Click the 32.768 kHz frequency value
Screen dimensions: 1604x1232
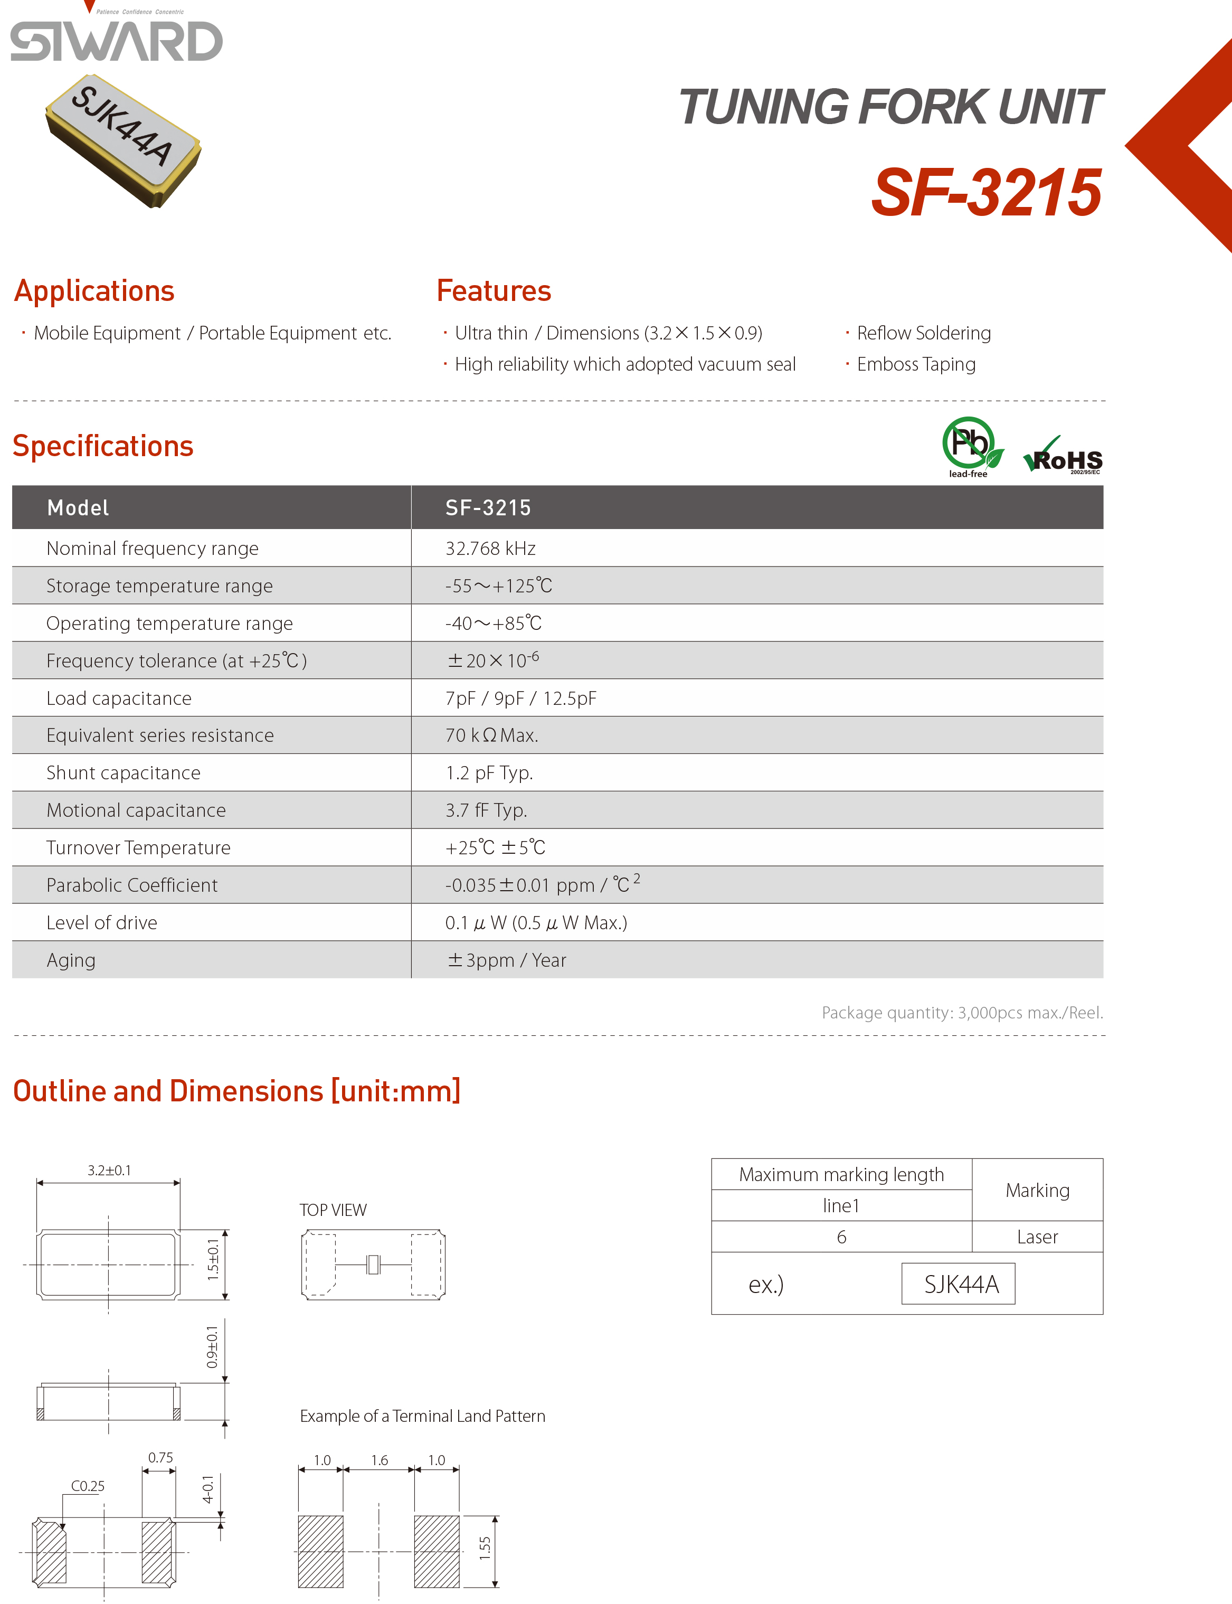tap(490, 549)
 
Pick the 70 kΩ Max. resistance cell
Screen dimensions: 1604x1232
tap(491, 735)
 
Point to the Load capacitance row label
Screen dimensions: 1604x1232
tap(119, 698)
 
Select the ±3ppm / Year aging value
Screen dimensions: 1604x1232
tap(507, 960)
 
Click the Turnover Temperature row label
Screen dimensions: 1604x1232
tap(138, 848)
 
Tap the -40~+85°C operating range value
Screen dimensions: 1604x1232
tap(493, 624)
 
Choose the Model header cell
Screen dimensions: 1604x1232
tap(78, 507)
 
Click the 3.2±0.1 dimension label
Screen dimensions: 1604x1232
tap(109, 1171)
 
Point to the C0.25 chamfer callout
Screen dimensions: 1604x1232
tap(87, 1486)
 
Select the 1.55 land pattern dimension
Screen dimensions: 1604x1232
tap(485, 1548)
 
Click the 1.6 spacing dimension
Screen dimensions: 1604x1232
tap(379, 1460)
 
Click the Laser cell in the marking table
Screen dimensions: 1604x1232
tap(1037, 1237)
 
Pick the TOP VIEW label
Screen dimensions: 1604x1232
tap(333, 1210)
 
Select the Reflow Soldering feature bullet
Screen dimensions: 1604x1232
tap(923, 333)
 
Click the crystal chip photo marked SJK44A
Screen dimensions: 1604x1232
tap(122, 139)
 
